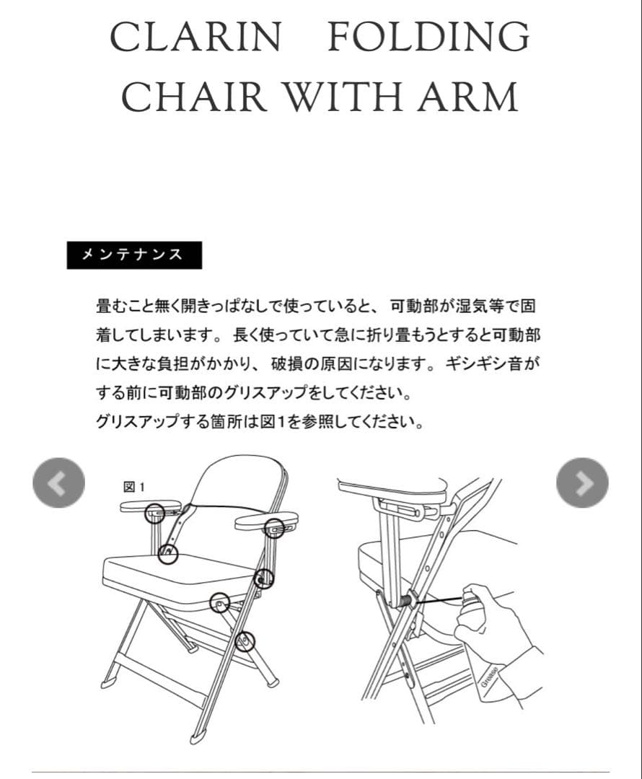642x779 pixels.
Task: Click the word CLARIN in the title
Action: [195, 37]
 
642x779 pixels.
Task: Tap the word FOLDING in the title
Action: [428, 37]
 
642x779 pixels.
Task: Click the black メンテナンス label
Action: [134, 255]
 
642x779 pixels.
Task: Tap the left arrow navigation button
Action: [58, 483]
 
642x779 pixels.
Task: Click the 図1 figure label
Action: [135, 488]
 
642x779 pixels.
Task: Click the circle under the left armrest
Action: [155, 514]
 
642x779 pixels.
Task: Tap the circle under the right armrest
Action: [274, 528]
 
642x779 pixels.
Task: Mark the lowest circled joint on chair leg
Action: [246, 640]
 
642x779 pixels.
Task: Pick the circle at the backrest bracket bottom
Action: [167, 553]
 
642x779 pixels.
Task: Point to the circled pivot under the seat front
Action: [219, 602]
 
